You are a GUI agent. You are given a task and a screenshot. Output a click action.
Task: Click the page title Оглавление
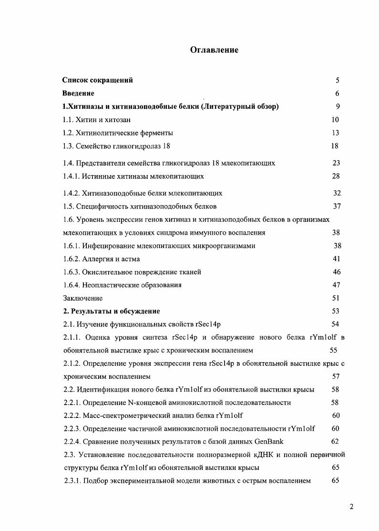click(x=214, y=50)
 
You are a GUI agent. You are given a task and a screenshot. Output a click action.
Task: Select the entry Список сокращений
click(x=98, y=80)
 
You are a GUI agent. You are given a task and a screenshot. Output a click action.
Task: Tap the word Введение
click(x=78, y=94)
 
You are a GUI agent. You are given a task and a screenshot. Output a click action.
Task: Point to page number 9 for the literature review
click(x=338, y=106)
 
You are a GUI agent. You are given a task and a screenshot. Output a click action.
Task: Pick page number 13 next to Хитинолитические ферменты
click(x=336, y=133)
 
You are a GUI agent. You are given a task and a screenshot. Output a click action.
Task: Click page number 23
click(x=336, y=163)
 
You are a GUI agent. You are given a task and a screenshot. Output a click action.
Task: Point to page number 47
click(x=336, y=285)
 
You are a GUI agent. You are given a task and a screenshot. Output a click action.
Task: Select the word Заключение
click(x=83, y=298)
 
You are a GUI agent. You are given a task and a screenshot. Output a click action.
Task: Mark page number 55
click(x=334, y=350)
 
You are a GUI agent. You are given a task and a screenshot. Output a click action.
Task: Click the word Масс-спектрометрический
click(x=123, y=416)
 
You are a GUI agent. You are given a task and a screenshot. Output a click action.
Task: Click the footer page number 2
click(x=351, y=507)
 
